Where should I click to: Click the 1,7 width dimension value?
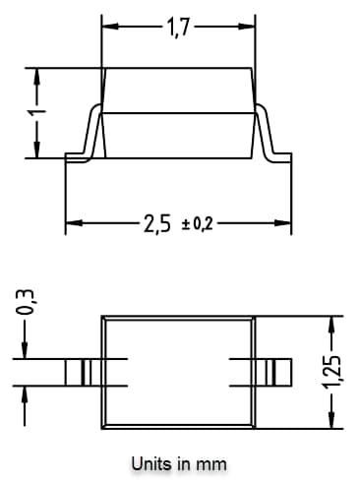pyautogui.click(x=178, y=29)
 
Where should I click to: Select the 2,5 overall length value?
pyautogui.click(x=157, y=224)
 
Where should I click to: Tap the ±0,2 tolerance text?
pyautogui.click(x=197, y=225)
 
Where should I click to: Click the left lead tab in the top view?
pyautogui.click(x=83, y=372)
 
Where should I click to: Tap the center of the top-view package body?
pyautogui.click(x=178, y=372)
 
